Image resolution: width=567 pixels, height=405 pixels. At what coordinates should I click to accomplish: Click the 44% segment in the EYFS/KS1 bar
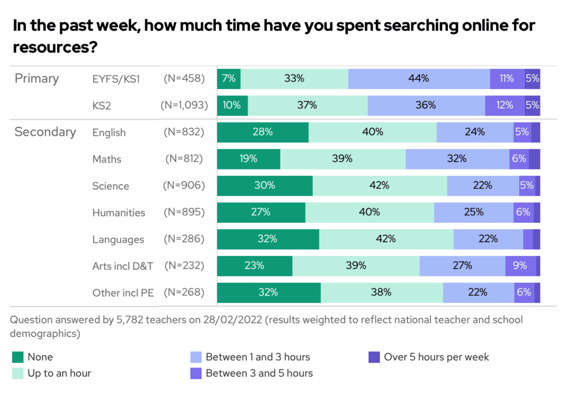coord(419,79)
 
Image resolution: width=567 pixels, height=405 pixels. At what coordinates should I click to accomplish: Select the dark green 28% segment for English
coord(262,132)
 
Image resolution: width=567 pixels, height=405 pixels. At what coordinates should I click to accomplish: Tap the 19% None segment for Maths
coord(248,159)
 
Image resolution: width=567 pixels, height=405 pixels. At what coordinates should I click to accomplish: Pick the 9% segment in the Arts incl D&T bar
coord(520,266)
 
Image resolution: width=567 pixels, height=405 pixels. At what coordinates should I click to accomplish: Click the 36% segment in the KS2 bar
coord(426,105)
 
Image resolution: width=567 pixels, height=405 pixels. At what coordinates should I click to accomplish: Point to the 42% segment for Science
coord(379,186)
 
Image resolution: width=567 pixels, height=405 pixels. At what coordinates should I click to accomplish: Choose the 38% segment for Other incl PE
coord(382,293)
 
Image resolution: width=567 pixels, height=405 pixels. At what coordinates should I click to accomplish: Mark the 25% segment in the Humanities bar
coord(473,212)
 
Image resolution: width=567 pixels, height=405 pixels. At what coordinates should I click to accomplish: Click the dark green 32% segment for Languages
coord(267,239)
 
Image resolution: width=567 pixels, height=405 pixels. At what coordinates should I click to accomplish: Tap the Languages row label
coord(118,239)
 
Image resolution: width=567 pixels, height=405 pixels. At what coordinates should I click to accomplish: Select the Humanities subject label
coord(118,213)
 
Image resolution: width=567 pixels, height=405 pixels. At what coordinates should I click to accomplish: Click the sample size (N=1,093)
coord(184,105)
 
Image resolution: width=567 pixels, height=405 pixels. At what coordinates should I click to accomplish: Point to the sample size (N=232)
coord(184,266)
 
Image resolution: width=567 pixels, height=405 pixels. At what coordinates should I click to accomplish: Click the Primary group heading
coord(37,78)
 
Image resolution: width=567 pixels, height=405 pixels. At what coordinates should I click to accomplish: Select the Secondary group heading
coord(45,132)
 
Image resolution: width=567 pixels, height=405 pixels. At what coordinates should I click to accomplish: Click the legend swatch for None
coord(18,357)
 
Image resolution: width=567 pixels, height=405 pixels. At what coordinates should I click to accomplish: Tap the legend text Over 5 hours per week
coord(436,357)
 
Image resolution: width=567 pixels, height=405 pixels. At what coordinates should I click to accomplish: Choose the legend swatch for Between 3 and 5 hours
coord(196,373)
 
